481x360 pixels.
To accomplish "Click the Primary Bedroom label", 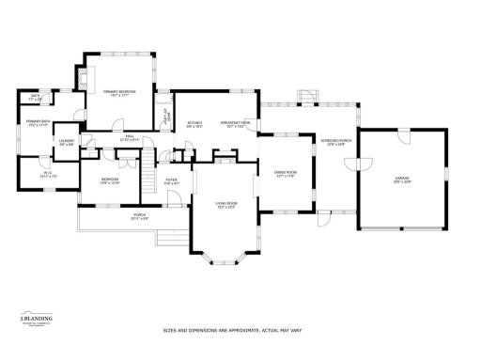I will [119, 92].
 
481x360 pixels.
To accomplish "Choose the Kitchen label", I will [195, 123].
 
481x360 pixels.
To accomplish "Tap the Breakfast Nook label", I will [236, 123].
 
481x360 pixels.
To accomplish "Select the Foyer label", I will [172, 182].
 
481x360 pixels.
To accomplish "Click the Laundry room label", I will [68, 142].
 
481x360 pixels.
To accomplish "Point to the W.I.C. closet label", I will [36, 174].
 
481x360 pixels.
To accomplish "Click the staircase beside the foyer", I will [147, 180].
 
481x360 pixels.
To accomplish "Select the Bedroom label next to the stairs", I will [110, 181].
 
